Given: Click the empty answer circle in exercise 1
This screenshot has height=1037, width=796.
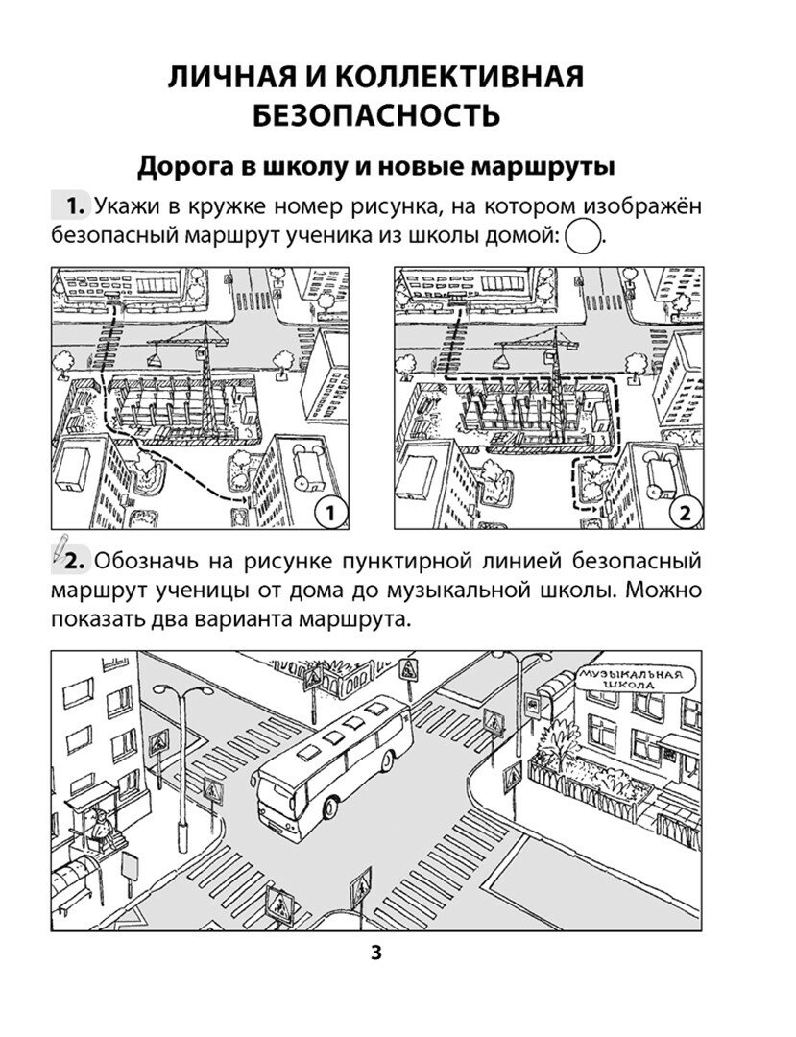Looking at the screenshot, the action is click(x=583, y=235).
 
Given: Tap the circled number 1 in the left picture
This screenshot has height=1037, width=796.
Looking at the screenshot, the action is click(x=329, y=513).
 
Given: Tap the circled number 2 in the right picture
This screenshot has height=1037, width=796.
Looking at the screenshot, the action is click(x=685, y=513).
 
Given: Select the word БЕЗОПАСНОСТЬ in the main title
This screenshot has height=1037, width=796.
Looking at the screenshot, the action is click(x=376, y=116).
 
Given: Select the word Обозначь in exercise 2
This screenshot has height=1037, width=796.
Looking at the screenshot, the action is click(x=148, y=560).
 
